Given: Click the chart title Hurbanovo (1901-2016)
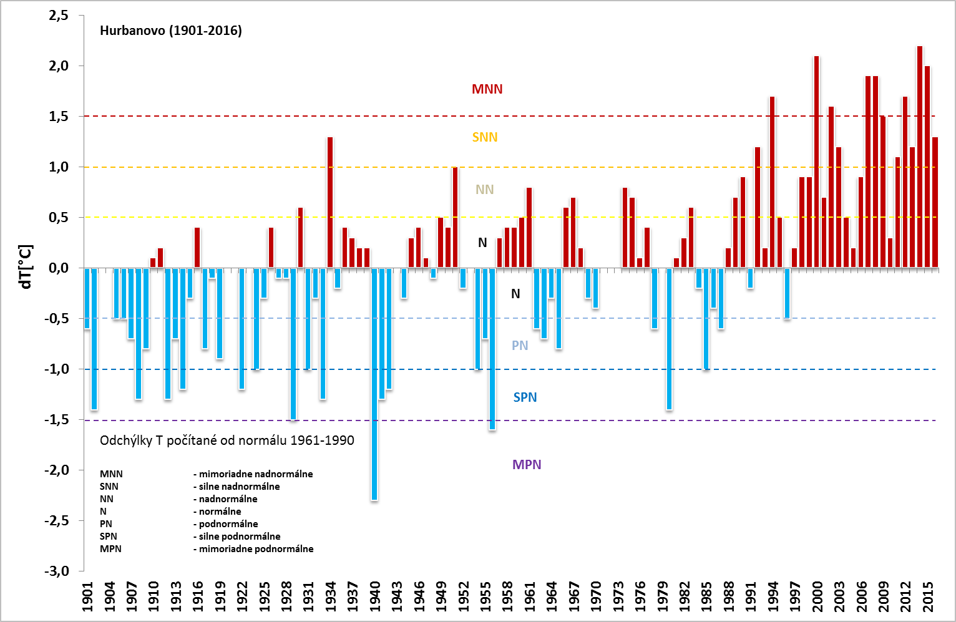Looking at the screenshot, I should click(x=170, y=31).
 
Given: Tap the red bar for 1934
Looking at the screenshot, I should click(x=330, y=203).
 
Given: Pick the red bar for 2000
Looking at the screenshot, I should click(x=816, y=162).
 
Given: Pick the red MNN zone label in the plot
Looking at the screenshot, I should click(x=487, y=89).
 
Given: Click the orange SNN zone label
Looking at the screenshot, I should click(x=485, y=137).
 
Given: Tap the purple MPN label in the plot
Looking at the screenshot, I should click(x=527, y=465).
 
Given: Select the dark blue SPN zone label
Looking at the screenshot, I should click(x=525, y=397).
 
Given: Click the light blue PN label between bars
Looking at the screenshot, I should click(x=520, y=346).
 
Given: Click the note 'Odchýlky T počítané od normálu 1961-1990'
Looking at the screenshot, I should click(x=227, y=440).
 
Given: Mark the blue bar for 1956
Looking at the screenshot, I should click(x=492, y=349).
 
